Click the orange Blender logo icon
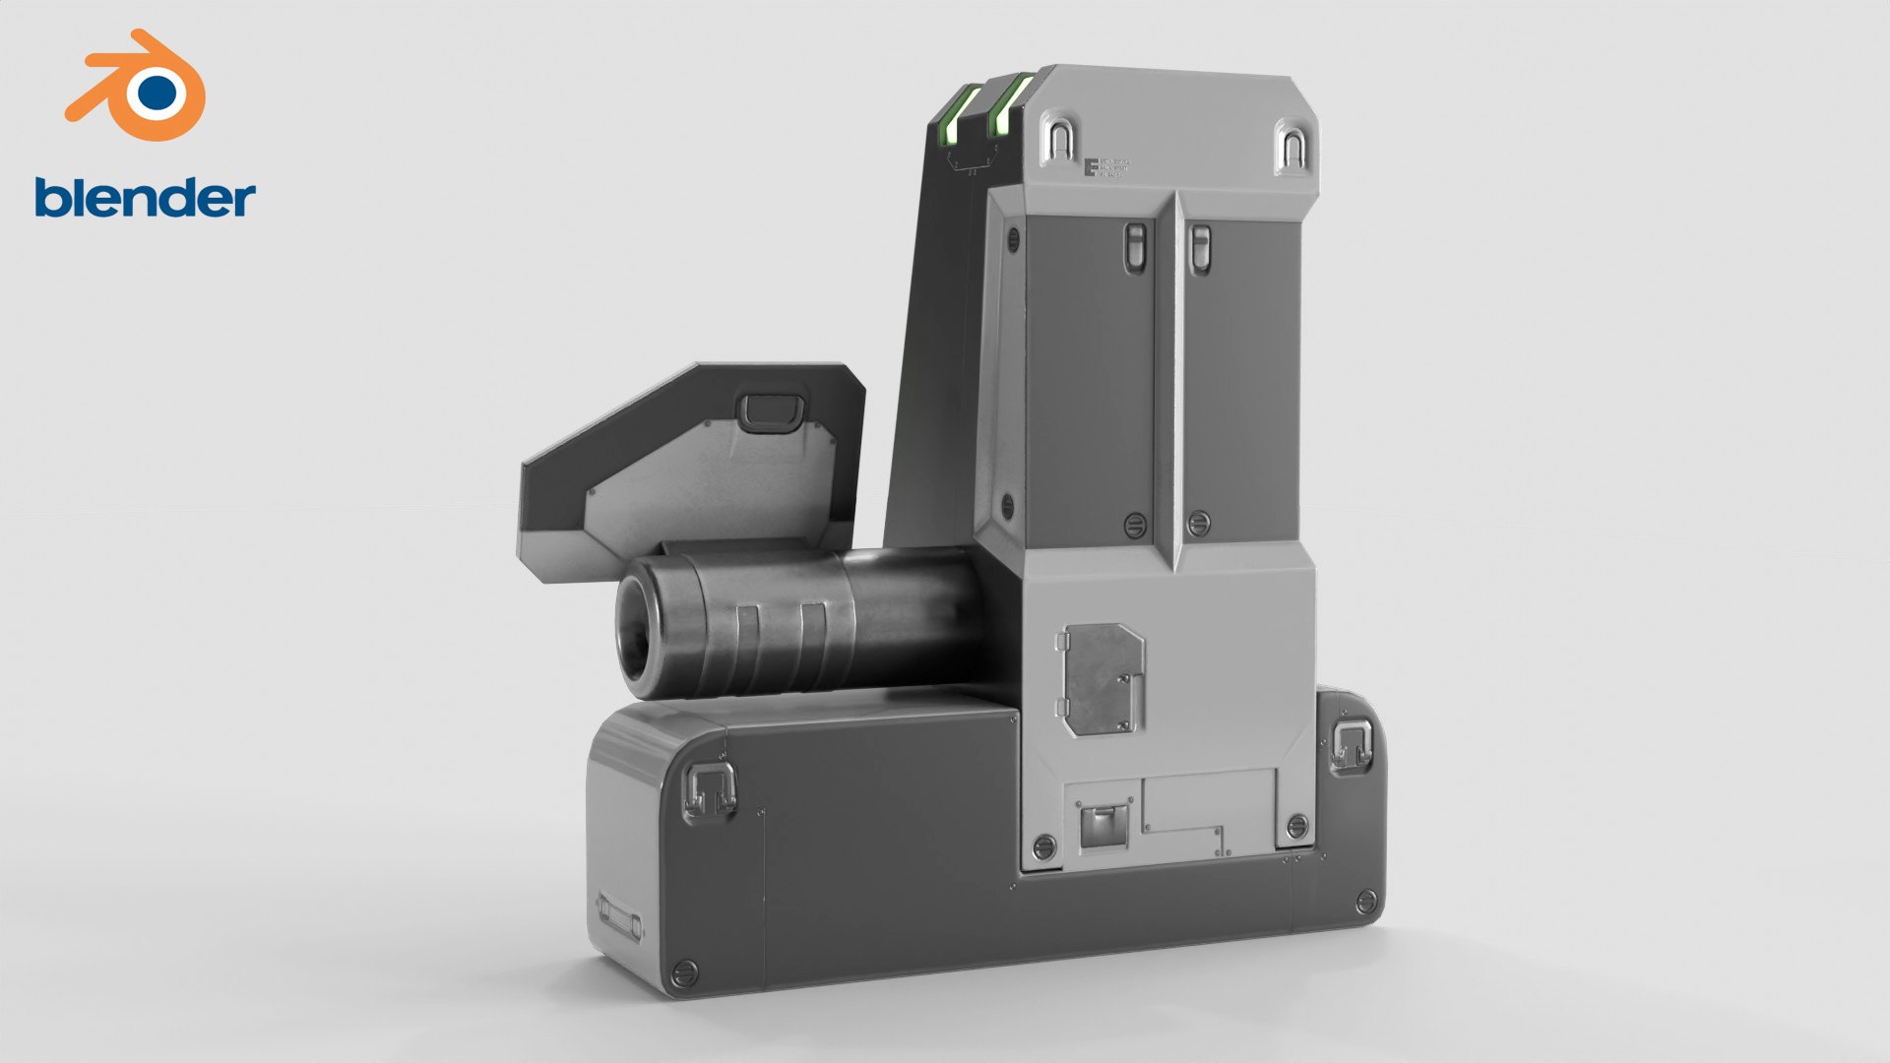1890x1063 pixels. tap(138, 87)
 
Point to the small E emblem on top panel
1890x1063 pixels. tap(1092, 167)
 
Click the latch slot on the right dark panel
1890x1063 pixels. tap(1200, 249)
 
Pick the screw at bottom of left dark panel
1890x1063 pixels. tap(1135, 523)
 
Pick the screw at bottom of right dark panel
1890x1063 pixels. tap(1198, 523)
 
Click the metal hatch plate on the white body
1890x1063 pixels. tap(1103, 679)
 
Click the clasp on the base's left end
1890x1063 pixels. tap(710, 789)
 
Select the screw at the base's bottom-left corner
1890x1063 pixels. tap(685, 974)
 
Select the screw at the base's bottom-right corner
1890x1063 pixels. tap(1365, 901)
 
